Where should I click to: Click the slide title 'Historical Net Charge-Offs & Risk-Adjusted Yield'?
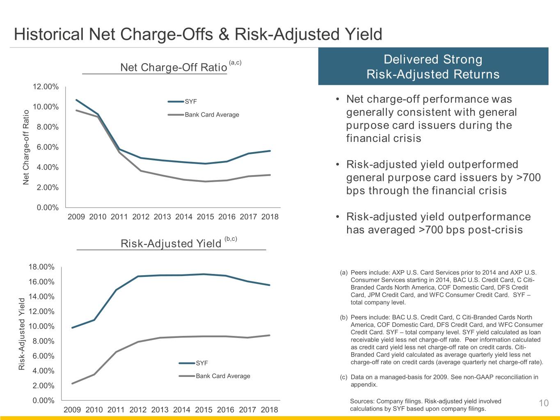198,34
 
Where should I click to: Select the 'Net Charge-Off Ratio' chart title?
174,67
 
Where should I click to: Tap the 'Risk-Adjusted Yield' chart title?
171,244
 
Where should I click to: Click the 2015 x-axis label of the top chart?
205,217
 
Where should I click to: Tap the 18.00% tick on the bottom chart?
41,267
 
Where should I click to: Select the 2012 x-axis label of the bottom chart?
138,409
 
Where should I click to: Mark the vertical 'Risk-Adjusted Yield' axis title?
22,334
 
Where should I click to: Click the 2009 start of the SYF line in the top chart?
76,100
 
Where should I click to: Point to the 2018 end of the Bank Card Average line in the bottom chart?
270,335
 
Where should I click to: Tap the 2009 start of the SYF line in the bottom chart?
72,327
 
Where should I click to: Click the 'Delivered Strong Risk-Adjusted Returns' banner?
433,66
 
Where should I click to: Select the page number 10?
544,403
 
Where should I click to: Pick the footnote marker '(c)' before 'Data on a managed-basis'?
344,377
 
